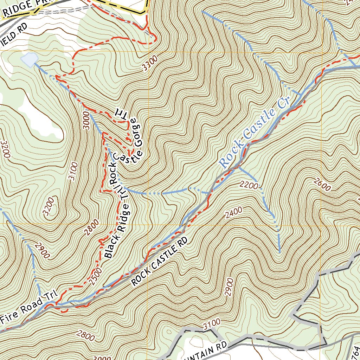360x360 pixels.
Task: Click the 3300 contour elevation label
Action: pos(151,64)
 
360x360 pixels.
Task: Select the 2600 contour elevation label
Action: pos(322,184)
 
